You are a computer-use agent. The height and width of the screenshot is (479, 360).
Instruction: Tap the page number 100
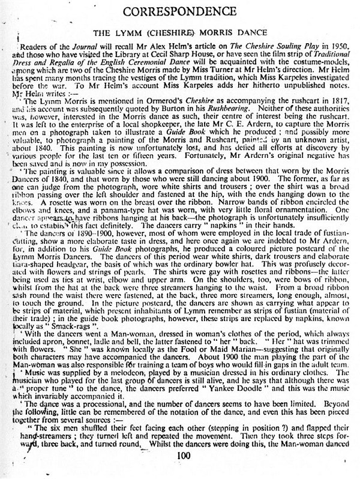(x=184, y=472)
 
